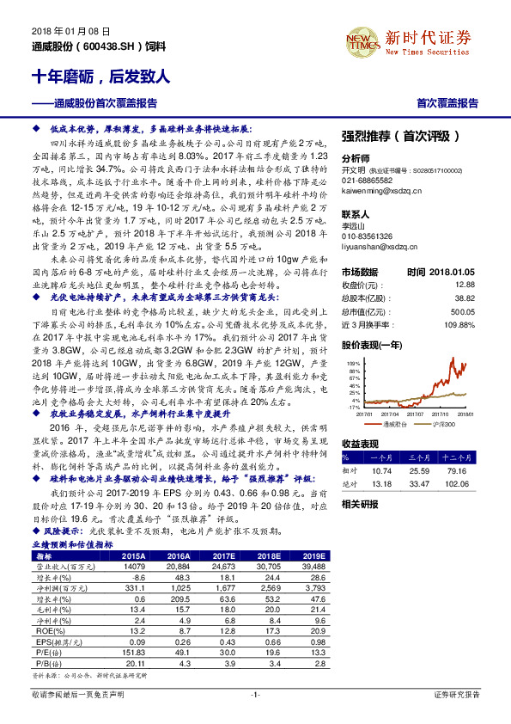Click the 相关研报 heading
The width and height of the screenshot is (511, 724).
[359, 504]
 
